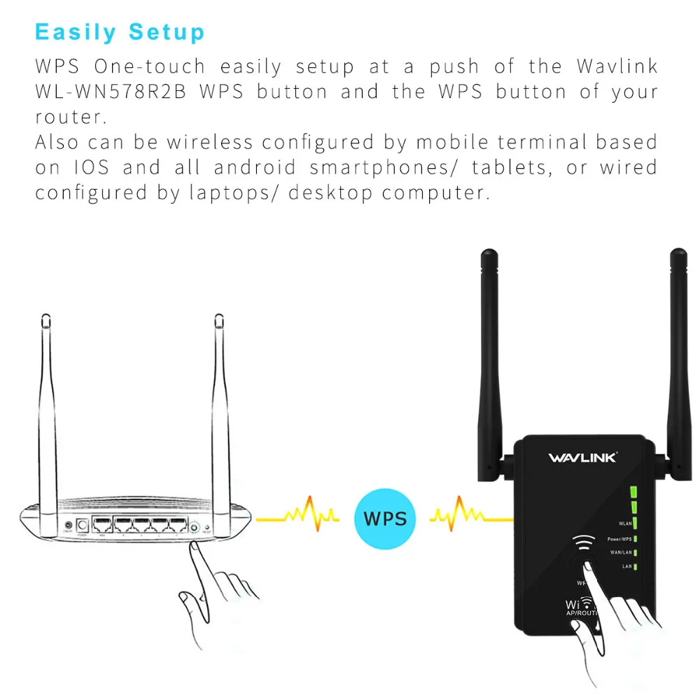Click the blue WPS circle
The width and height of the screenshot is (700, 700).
(x=384, y=518)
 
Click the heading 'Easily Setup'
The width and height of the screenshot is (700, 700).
(x=120, y=32)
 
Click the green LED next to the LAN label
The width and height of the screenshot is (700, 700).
(x=635, y=566)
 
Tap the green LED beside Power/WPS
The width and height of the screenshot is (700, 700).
(x=635, y=539)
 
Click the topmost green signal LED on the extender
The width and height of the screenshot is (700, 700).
(x=634, y=491)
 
